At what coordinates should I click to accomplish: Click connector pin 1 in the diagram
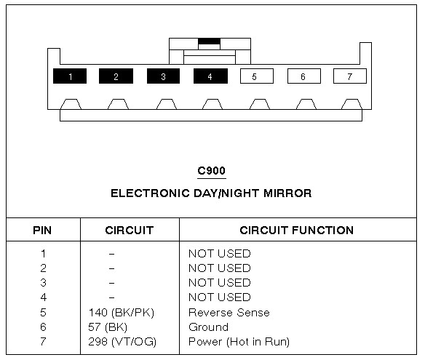(70, 76)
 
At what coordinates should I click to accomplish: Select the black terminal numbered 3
(163, 76)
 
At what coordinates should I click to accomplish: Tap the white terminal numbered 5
(257, 76)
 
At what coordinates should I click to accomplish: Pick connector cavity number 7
(350, 76)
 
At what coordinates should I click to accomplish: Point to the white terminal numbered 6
(304, 76)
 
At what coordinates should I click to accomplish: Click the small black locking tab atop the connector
(210, 41)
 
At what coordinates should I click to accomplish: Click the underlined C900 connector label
(212, 171)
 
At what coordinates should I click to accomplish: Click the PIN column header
(42, 231)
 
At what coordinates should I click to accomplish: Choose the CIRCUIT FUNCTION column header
(296, 231)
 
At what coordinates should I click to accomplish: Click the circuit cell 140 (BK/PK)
(121, 313)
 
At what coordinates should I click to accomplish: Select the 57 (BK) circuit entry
(108, 327)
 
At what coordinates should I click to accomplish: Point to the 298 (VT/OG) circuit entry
(122, 342)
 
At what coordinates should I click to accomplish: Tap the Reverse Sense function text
(229, 313)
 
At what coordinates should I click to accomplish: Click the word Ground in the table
(208, 327)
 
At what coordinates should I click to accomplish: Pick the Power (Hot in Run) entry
(239, 342)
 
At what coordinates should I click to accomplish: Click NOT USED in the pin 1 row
(220, 254)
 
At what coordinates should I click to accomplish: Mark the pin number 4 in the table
(44, 297)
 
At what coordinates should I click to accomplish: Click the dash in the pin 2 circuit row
(111, 268)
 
